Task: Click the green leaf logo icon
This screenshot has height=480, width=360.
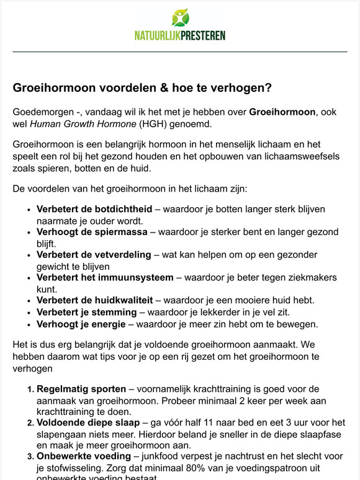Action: (181, 17)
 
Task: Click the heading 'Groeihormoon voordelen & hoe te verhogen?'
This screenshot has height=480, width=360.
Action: (142, 88)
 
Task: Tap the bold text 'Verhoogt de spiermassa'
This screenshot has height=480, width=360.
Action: (92, 232)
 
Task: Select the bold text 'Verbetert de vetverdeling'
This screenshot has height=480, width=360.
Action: (94, 255)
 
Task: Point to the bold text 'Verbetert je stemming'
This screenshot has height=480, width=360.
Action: (86, 312)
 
